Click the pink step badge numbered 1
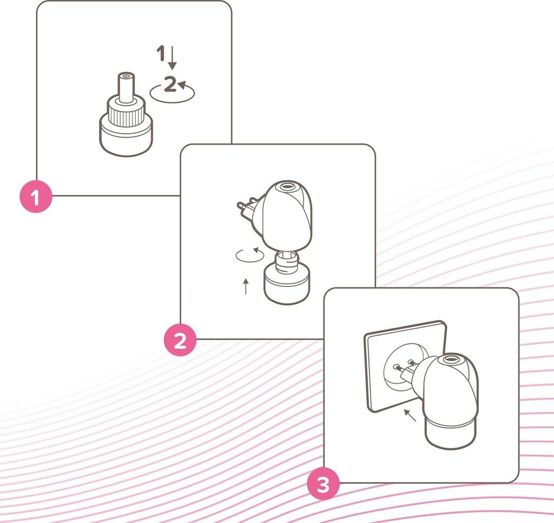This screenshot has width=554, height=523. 36,196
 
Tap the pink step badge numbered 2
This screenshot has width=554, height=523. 180,340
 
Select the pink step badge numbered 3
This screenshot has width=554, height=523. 324,484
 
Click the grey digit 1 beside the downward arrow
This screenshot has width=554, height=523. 161,53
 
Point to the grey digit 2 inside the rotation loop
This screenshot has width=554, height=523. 170,84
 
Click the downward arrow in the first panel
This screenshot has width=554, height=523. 172,57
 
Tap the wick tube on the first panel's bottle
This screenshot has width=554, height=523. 126,87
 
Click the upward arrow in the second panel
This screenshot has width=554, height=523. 246,286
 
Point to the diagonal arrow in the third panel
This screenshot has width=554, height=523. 410,415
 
